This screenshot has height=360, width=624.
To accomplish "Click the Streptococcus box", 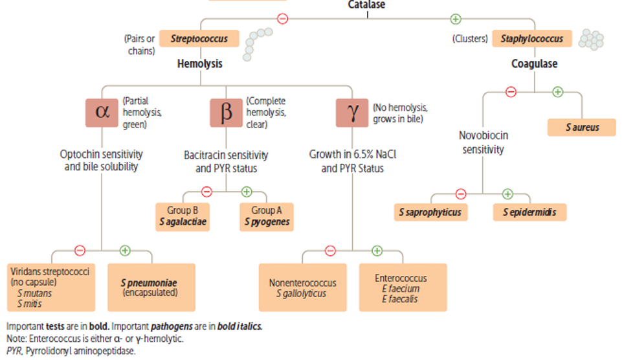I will click(x=199, y=39).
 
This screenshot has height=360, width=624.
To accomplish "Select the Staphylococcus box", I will click(x=533, y=39).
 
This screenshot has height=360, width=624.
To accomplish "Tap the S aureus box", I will click(x=581, y=128).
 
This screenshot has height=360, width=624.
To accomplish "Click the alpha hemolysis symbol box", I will click(x=102, y=112).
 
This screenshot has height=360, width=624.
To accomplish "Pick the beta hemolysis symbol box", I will click(x=226, y=112).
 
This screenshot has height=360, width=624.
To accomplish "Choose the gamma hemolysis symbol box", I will click(x=352, y=112).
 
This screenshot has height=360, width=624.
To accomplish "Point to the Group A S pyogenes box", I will click(x=266, y=216).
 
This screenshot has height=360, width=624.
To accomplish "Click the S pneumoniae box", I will click(x=151, y=287).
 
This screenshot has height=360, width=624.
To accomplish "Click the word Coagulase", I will click(x=534, y=64).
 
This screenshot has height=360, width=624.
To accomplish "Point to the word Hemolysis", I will click(x=200, y=64).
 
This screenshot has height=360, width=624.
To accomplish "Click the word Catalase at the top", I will click(x=366, y=5).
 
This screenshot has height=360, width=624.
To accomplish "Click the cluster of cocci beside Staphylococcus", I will click(x=591, y=39).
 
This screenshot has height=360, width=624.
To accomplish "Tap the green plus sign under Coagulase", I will click(x=557, y=92).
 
